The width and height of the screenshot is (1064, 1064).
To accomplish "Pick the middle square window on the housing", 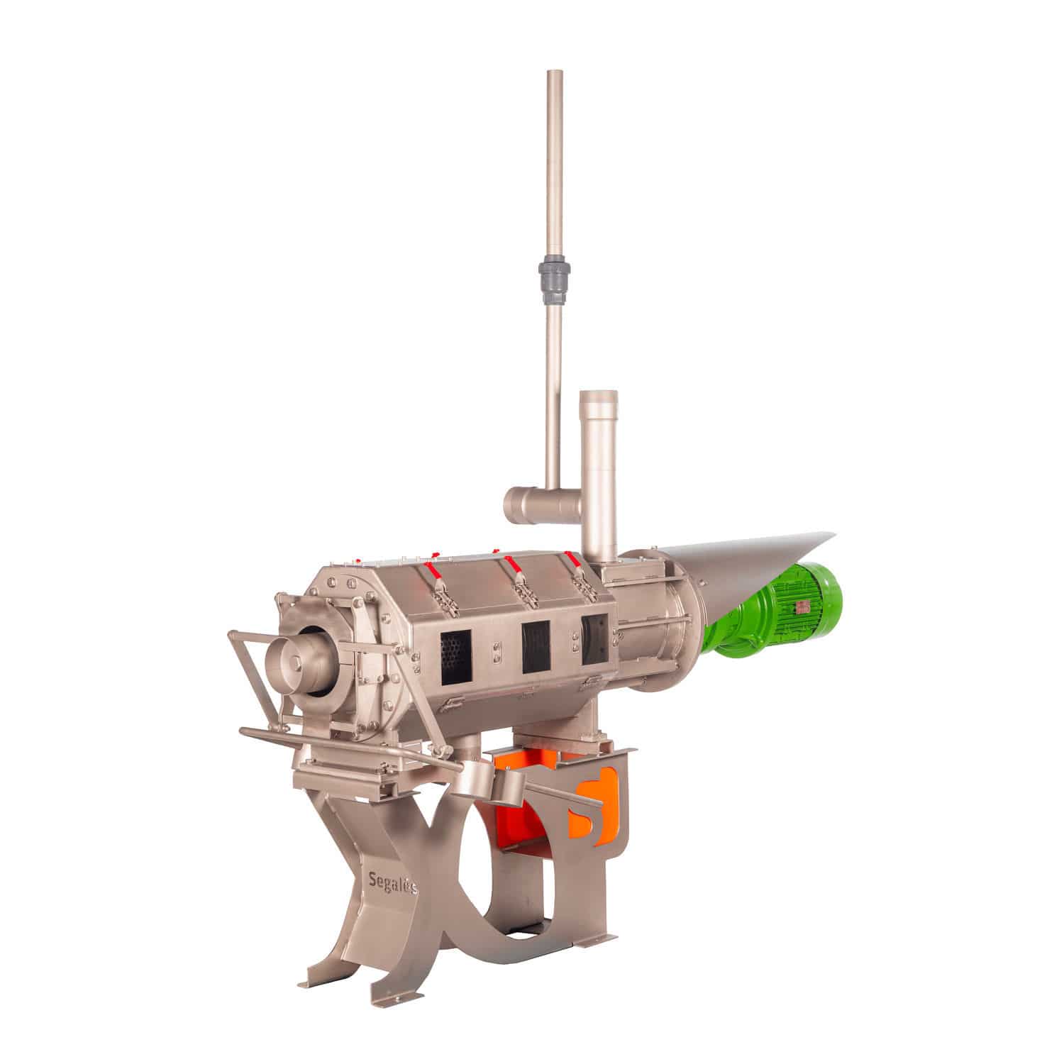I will tap(536, 646).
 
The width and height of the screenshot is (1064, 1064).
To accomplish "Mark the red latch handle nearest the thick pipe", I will tap(572, 555).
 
